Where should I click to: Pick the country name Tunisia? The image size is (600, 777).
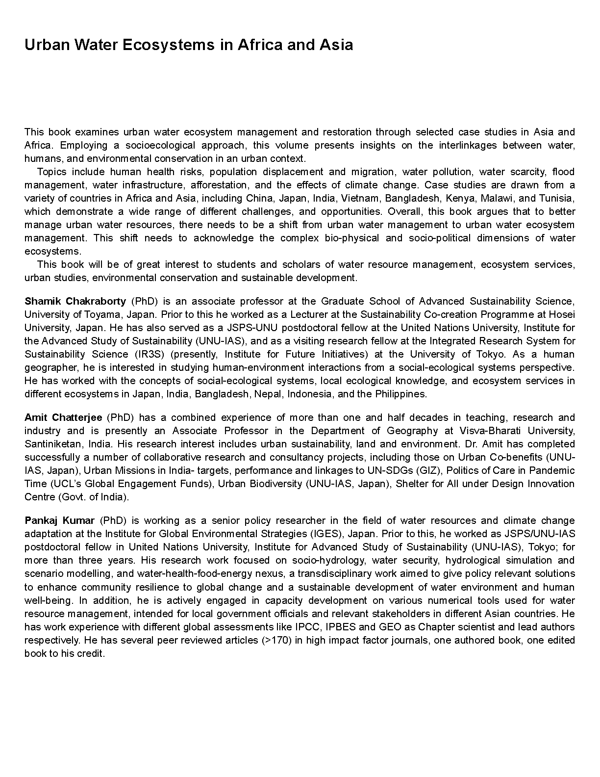[556, 198]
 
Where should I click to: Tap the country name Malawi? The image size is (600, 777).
[496, 198]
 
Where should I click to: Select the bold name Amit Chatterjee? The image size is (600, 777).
[63, 417]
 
